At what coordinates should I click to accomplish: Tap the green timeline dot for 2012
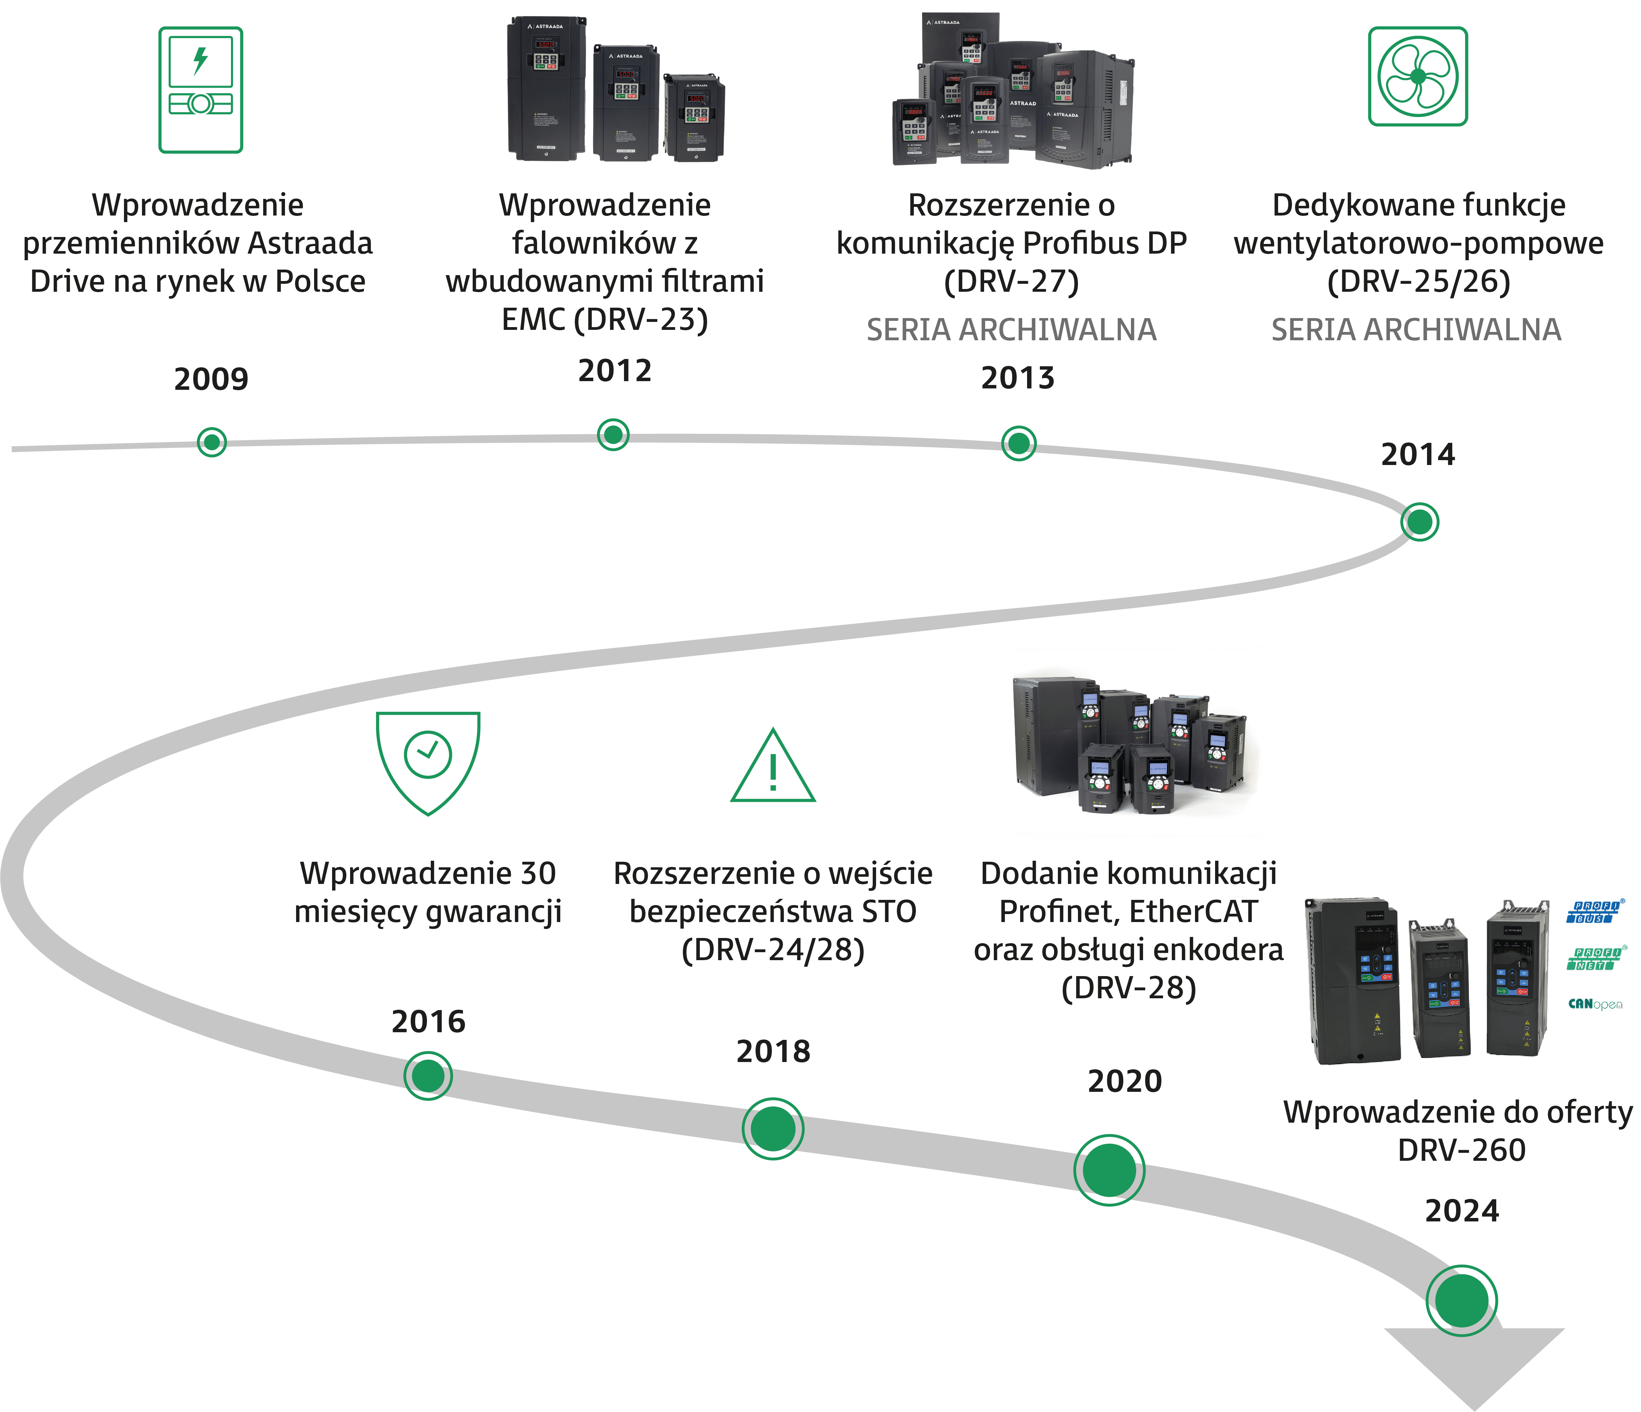click(x=612, y=434)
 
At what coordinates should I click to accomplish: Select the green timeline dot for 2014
click(x=1419, y=522)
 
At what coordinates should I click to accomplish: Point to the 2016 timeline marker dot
click(x=428, y=1076)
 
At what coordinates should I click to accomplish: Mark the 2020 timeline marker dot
click(x=1109, y=1170)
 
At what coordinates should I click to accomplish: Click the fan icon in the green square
click(x=1418, y=76)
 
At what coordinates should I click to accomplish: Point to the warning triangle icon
click(x=773, y=767)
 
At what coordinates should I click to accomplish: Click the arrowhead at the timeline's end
click(x=1473, y=1367)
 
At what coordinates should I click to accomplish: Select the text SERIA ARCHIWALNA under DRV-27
click(x=1011, y=330)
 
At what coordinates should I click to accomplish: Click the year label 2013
click(x=1018, y=378)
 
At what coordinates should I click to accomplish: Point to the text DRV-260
click(x=1461, y=1150)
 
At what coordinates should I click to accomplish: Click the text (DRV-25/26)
click(x=1418, y=281)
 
